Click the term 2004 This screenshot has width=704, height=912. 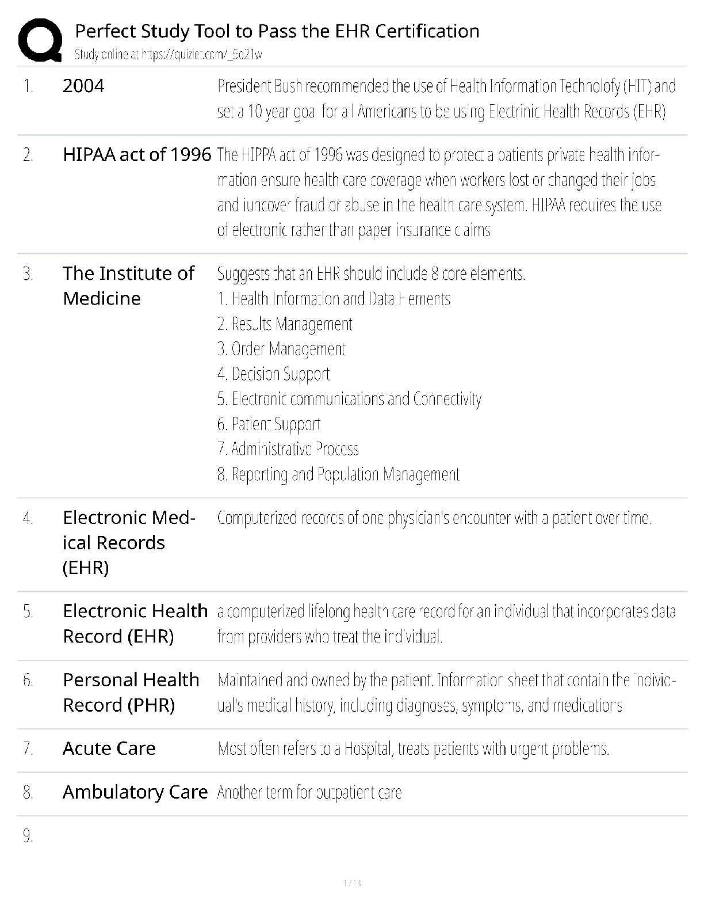[83, 86]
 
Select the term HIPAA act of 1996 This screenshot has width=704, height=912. [137, 155]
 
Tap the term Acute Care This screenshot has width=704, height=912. [109, 748]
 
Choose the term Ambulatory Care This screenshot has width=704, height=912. [135, 792]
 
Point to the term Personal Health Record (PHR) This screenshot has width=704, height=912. [131, 693]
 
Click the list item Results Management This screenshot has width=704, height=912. [285, 324]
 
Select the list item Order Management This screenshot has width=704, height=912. [281, 349]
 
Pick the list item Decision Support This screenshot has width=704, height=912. [273, 374]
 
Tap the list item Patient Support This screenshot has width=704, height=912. [269, 424]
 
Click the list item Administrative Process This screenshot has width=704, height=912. [288, 449]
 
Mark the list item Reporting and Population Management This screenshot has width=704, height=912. [338, 474]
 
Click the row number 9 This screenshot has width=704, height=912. [28, 835]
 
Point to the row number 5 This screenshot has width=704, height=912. [28, 611]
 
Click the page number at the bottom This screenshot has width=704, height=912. [351, 883]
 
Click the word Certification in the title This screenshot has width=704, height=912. [427, 31]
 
